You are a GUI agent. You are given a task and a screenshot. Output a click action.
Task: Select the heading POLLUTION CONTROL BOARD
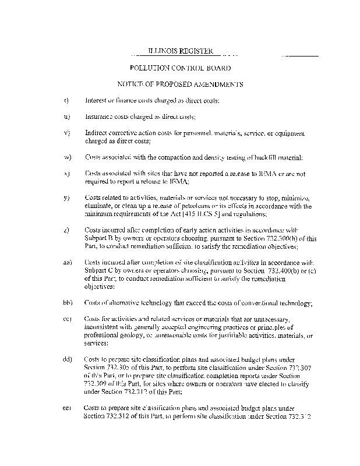tap(180, 68)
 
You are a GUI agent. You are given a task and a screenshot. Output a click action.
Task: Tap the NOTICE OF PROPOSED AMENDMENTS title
tap(180, 84)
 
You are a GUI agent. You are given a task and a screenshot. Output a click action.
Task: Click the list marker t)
tap(66, 100)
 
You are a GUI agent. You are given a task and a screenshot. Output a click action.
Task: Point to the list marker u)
tap(66, 116)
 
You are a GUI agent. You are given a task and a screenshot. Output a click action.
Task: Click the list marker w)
tap(66, 157)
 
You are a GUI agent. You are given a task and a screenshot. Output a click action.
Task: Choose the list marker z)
tap(66, 230)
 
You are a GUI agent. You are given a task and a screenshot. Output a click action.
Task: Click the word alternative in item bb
tap(127, 303)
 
